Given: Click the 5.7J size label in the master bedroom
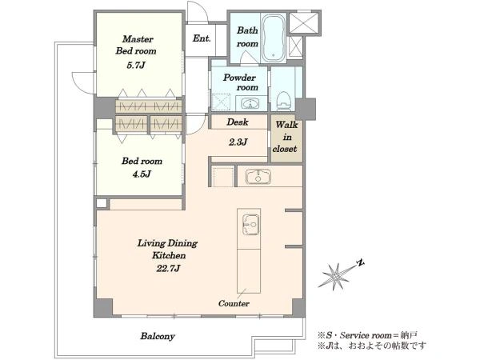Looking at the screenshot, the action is point(136,66).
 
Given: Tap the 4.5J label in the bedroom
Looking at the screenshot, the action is point(142,174).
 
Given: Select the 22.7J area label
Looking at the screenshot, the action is point(168,269).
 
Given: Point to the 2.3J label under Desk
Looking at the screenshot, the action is point(238,142).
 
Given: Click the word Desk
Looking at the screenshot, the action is point(238,122).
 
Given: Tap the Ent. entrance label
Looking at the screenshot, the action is point(202,38).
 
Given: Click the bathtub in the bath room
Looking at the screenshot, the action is point(274,38).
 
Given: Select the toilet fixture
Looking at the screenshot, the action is point(283,101).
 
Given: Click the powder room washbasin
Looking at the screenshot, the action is point(250,103).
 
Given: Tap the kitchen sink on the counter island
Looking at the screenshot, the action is point(250,225).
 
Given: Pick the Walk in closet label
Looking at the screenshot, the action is point(286,137).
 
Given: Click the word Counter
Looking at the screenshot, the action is point(234,303).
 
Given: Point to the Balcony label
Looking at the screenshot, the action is point(158,336).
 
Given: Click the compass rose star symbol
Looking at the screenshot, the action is point(336,275).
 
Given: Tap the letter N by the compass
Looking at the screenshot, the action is point(362,262).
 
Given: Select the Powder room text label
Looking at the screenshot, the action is point(240,82).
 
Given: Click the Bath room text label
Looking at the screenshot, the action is point(247,37).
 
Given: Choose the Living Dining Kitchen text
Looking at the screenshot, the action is point(168,249).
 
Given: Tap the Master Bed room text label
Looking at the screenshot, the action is point(136,45).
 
